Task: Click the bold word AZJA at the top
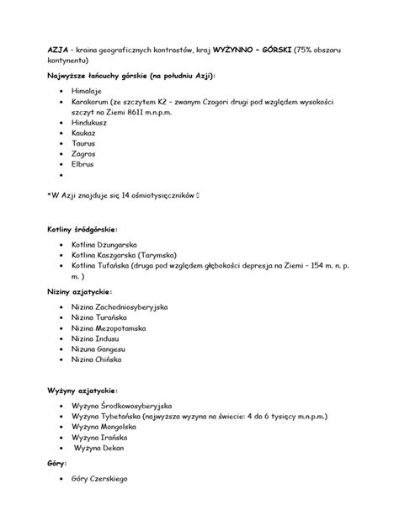[x=56, y=50]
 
